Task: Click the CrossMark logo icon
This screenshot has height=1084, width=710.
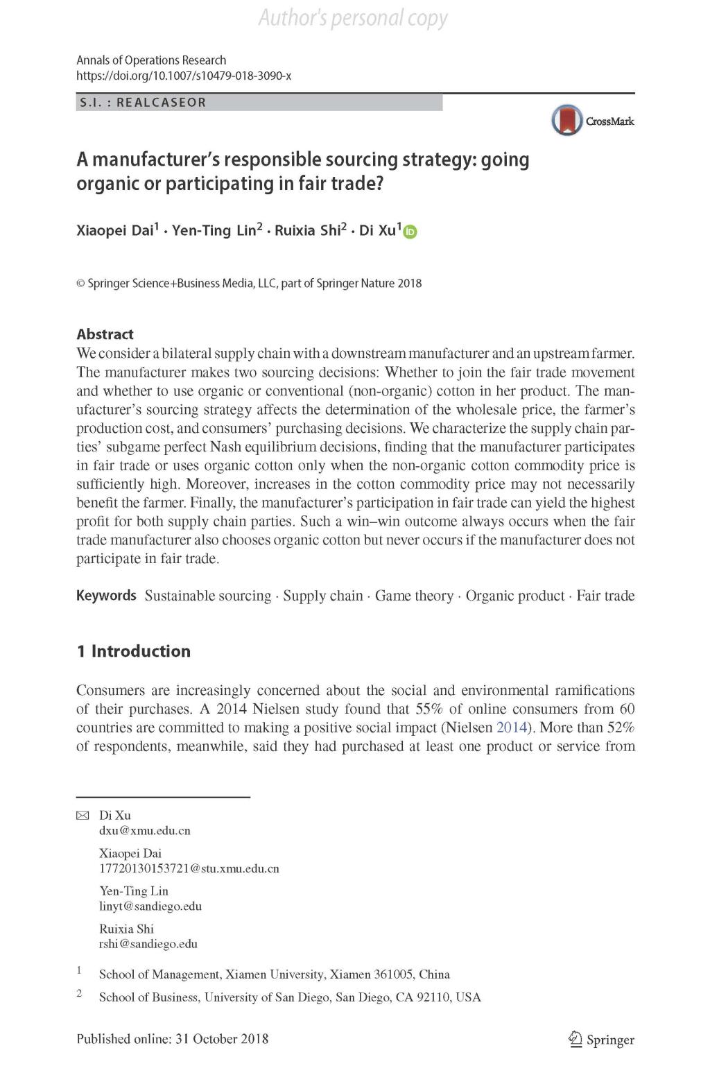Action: [567, 120]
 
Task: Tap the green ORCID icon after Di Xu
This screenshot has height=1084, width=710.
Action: [410, 232]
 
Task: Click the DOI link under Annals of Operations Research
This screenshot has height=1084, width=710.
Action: [184, 76]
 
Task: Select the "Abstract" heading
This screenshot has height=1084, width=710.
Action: [105, 334]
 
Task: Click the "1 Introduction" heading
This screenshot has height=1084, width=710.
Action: [133, 651]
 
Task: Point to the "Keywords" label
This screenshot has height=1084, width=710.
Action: [106, 596]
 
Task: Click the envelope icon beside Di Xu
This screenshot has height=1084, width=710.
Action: [83, 816]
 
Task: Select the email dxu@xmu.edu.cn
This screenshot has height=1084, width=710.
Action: [144, 830]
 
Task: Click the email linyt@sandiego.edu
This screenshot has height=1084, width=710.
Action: [150, 906]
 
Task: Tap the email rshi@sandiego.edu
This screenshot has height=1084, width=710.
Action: [148, 944]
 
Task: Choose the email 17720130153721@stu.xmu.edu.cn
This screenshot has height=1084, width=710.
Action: [189, 868]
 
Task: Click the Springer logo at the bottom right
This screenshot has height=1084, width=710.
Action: [600, 1039]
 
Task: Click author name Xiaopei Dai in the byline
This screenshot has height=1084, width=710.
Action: [114, 231]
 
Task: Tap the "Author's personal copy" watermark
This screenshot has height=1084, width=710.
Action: [353, 17]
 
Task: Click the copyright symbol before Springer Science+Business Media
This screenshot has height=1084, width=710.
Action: [80, 283]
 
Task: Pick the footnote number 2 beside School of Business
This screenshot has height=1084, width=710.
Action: [79, 994]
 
